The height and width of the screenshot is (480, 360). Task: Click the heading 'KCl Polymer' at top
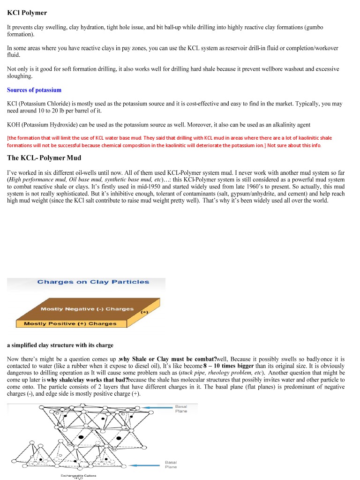click(27, 13)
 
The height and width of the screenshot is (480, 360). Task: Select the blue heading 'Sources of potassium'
click(34, 90)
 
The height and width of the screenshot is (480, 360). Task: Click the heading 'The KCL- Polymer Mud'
click(44, 158)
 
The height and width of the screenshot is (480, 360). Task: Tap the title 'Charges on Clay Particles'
click(93, 282)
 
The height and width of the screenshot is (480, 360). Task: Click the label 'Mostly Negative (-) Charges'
click(87, 309)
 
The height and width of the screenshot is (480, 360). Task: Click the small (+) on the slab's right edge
click(144, 311)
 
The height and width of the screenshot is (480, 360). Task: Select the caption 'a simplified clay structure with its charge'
click(60, 345)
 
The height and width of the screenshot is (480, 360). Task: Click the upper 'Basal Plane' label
click(181, 409)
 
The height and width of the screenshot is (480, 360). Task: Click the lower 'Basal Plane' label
click(171, 465)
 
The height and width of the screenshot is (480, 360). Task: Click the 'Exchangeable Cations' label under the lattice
click(78, 476)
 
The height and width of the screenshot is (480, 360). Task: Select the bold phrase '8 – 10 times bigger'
click(228, 366)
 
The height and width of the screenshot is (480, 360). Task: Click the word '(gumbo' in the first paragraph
click(314, 28)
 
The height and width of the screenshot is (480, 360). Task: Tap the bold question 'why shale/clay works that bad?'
click(88, 380)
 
